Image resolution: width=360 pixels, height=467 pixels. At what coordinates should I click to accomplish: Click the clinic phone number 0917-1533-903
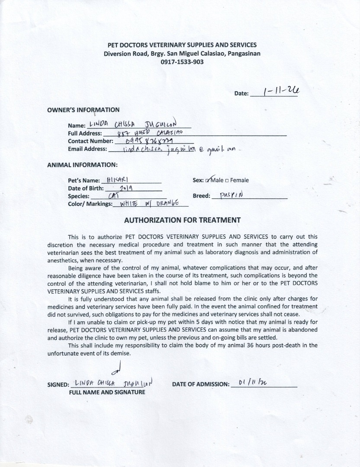pyautogui.click(x=182, y=62)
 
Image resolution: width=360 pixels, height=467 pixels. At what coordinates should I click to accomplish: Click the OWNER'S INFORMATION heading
pyautogui.click(x=83, y=110)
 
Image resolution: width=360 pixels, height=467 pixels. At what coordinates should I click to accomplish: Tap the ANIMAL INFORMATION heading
pyautogui.click(x=82, y=165)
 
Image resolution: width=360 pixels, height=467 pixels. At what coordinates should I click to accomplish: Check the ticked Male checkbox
pyautogui.click(x=209, y=180)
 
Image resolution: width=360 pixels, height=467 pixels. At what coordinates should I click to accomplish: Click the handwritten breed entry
pyautogui.click(x=231, y=195)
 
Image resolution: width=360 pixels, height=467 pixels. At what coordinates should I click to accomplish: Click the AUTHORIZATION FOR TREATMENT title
pyautogui.click(x=182, y=220)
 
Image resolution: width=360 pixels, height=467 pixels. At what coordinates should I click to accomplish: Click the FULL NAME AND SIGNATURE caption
pyautogui.click(x=107, y=392)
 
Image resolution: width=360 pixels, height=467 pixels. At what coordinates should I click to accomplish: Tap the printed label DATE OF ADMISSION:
pyautogui.click(x=200, y=384)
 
